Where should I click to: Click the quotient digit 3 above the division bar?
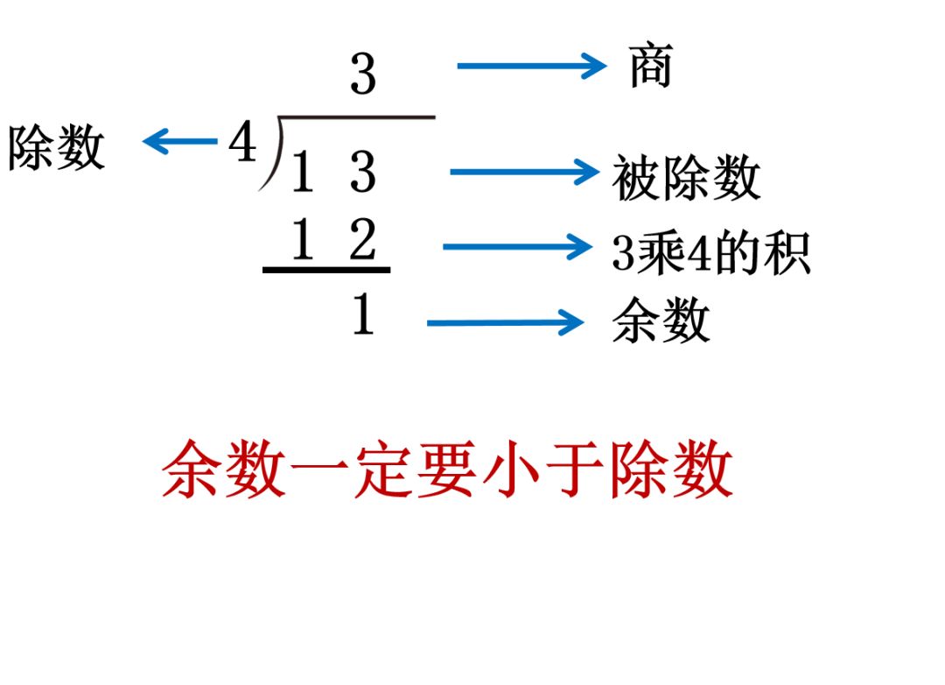point(362,75)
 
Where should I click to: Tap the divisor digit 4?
point(242,142)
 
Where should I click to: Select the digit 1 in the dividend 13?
point(302,173)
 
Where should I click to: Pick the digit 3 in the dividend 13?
point(362,173)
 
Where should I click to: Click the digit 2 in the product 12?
point(362,241)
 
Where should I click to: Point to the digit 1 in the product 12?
point(302,241)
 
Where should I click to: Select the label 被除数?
point(686,179)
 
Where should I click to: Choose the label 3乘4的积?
point(710,253)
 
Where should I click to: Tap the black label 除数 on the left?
point(57,147)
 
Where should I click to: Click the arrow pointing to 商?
point(531,66)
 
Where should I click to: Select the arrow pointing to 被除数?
point(523,172)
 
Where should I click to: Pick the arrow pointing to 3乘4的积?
point(517,247)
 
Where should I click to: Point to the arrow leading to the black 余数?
point(505,323)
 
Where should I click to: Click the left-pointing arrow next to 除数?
point(179,141)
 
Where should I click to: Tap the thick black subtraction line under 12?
point(326,270)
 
